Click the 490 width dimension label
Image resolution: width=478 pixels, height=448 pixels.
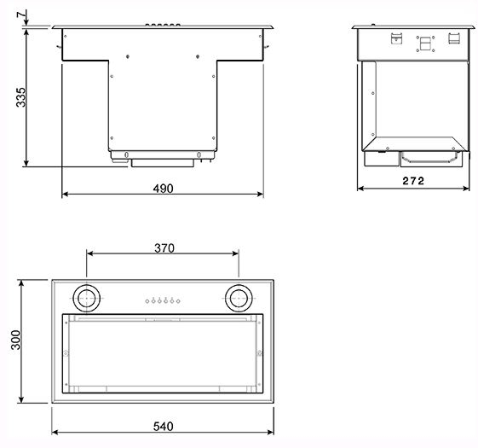(x=163, y=189)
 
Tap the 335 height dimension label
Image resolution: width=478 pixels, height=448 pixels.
(x=20, y=97)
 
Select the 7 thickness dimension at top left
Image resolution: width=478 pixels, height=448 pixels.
(x=20, y=15)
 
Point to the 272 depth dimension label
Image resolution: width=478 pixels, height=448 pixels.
(x=413, y=181)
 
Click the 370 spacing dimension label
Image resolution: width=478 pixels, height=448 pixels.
(x=164, y=248)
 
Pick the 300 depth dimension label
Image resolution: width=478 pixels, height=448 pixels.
(x=15, y=340)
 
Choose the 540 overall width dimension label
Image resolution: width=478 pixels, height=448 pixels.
(x=163, y=427)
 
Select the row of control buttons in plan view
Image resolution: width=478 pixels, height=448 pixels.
(x=163, y=301)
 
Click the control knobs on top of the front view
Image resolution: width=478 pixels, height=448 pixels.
(x=163, y=25)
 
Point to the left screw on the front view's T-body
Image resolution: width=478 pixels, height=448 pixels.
(x=128, y=56)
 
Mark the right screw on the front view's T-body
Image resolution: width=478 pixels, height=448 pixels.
(x=198, y=56)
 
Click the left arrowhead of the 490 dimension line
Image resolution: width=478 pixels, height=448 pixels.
(x=65, y=194)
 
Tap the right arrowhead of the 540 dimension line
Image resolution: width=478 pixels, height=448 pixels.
(x=270, y=432)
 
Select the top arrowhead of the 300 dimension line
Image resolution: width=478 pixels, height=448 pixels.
(x=21, y=283)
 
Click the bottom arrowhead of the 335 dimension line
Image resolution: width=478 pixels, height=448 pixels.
(x=26, y=163)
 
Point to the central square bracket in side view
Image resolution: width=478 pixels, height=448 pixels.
(x=425, y=44)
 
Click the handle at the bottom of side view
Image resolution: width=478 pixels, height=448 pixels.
(x=429, y=159)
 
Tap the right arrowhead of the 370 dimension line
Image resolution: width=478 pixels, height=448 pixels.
(x=235, y=253)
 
